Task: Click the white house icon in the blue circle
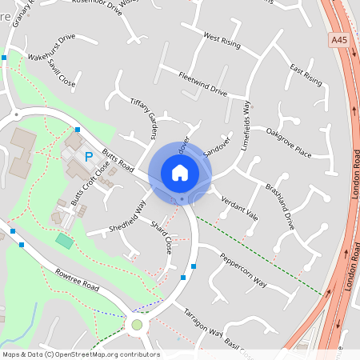(180, 173)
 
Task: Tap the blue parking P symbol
(90, 157)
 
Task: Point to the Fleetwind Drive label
(203, 84)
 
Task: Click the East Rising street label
(306, 74)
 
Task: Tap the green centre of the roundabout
(137, 325)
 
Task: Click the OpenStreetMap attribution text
(80, 354)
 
